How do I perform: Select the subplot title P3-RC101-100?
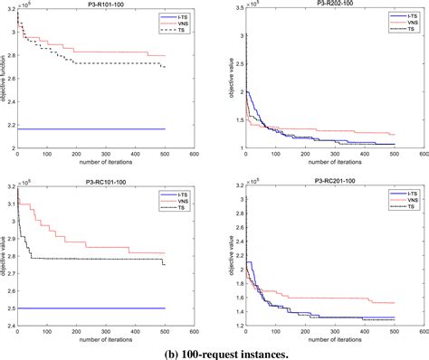pyautogui.click(x=107, y=183)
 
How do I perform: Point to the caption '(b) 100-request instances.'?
pyautogui.click(x=214, y=353)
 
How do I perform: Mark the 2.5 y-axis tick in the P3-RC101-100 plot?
pyautogui.click(x=9, y=308)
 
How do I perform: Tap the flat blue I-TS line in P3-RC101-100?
pyautogui.click(x=91, y=308)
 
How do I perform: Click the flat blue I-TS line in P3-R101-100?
pyautogui.click(x=91, y=128)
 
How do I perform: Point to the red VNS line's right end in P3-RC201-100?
pyautogui.click(x=395, y=302)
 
